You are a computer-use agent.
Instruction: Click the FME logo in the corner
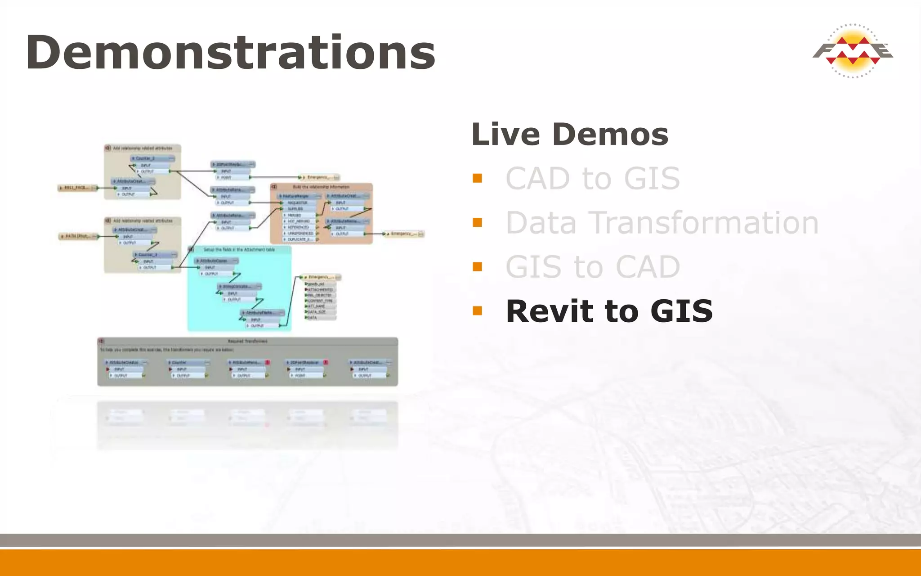853,51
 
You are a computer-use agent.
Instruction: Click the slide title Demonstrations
230,53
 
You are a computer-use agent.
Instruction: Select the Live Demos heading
570,134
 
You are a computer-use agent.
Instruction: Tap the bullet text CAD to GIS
592,179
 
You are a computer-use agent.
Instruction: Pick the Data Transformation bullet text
662,223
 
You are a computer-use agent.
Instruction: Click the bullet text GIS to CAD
592,267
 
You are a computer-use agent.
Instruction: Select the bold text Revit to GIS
609,311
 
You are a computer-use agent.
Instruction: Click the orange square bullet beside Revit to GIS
477,310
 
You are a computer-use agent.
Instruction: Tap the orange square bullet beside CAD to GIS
477,178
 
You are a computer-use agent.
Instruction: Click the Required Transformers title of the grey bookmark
247,341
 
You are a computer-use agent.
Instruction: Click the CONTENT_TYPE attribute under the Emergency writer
321,301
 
